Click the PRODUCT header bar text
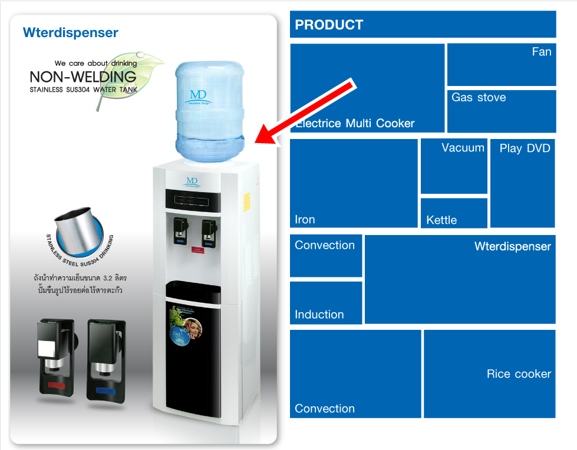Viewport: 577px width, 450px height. pyautogui.click(x=329, y=25)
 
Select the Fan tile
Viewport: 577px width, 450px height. pyautogui.click(x=502, y=64)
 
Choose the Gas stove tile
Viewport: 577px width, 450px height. pyautogui.click(x=502, y=111)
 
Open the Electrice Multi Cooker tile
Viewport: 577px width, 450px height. pyautogui.click(x=367, y=88)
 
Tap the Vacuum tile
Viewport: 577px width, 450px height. pyautogui.click(x=454, y=166)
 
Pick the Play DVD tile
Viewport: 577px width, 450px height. pyautogui.click(x=523, y=183)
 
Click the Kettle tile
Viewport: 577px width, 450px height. pyautogui.click(x=454, y=213)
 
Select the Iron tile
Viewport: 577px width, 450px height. pyautogui.click(x=354, y=183)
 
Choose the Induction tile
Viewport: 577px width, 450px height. pyautogui.click(x=326, y=302)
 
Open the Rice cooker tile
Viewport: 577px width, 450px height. pyautogui.click(x=489, y=373)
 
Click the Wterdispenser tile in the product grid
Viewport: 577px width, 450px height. pyautogui.click(x=460, y=279)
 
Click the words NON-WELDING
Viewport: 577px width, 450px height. pyautogui.click(x=83, y=77)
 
